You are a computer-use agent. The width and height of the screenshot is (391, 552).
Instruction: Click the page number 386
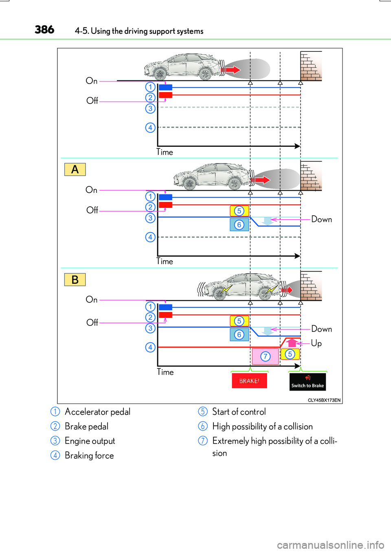(x=44, y=30)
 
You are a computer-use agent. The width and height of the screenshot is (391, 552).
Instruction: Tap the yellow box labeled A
(x=75, y=169)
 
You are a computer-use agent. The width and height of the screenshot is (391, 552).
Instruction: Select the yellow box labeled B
(x=75, y=280)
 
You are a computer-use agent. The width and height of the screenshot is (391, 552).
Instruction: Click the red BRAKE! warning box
(x=249, y=381)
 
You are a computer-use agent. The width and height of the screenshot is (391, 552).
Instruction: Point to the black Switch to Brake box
(x=308, y=382)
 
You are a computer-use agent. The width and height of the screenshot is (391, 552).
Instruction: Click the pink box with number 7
(x=265, y=356)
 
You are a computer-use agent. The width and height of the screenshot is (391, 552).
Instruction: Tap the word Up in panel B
(x=316, y=343)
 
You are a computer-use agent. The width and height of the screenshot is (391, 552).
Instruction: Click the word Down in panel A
(x=321, y=219)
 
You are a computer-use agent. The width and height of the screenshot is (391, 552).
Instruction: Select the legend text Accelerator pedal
(x=97, y=412)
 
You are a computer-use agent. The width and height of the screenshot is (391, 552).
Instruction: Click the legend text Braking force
(x=89, y=455)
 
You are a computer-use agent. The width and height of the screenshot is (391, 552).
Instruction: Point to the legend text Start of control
(x=239, y=412)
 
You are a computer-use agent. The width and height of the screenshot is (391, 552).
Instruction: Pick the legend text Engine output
(x=90, y=441)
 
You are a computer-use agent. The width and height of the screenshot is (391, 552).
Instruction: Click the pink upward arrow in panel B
(x=292, y=342)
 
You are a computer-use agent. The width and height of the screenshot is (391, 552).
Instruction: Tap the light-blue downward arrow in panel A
(x=268, y=221)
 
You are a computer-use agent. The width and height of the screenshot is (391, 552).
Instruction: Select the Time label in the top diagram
(x=165, y=152)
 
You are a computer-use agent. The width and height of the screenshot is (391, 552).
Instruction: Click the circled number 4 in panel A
(x=150, y=237)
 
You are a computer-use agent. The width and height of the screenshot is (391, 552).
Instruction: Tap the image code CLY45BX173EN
(x=324, y=400)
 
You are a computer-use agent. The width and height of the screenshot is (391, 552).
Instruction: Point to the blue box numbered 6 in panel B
(x=239, y=335)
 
